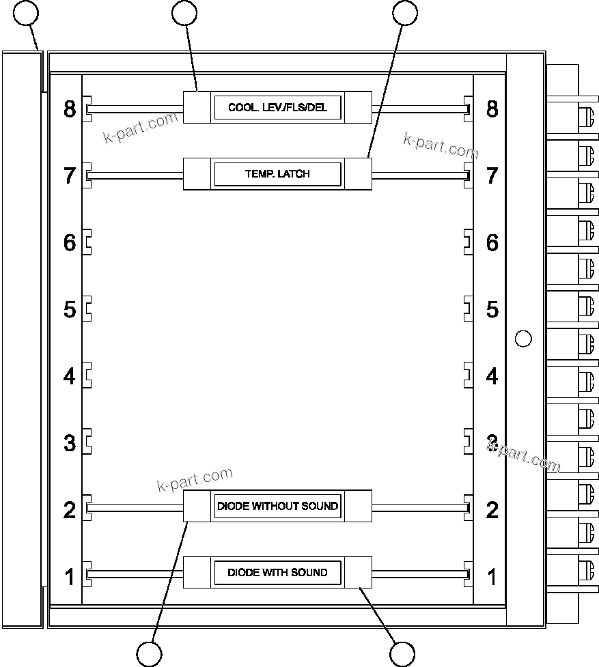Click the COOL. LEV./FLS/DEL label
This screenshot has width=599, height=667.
[277, 108]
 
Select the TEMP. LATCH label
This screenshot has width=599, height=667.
[277, 174]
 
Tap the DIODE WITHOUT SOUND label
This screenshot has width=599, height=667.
[277, 506]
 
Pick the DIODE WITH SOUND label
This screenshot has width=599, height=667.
[277, 572]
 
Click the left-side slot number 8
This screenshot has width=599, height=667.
[70, 109]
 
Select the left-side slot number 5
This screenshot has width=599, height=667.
[70, 309]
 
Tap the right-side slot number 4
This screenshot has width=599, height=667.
[492, 375]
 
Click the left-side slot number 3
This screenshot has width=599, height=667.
[70, 442]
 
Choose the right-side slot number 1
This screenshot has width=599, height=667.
[492, 576]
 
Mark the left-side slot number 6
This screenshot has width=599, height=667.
[70, 242]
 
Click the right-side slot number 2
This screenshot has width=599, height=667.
[492, 509]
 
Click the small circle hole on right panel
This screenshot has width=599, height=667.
[523, 338]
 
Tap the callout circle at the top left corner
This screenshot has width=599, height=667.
[26, 12]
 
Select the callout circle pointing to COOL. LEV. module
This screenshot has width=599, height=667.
[184, 12]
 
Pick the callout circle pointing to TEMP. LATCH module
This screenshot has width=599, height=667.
[404, 12]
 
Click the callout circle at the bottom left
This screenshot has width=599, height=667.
[149, 654]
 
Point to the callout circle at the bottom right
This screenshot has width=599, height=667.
[402, 654]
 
